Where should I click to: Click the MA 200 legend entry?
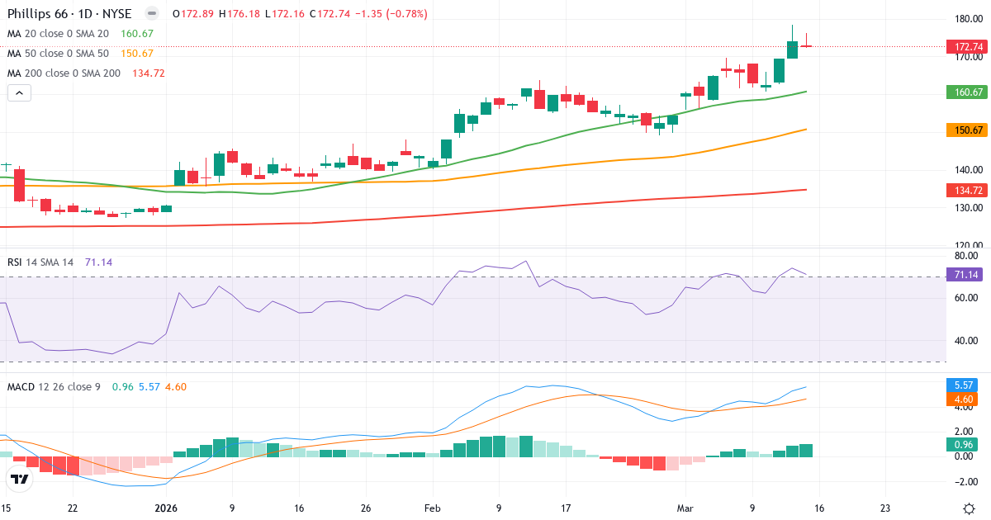point(64,73)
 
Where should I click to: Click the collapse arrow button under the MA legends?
point(19,93)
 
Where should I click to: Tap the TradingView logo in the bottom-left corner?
point(20,479)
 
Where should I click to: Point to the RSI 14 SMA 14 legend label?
point(40,262)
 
